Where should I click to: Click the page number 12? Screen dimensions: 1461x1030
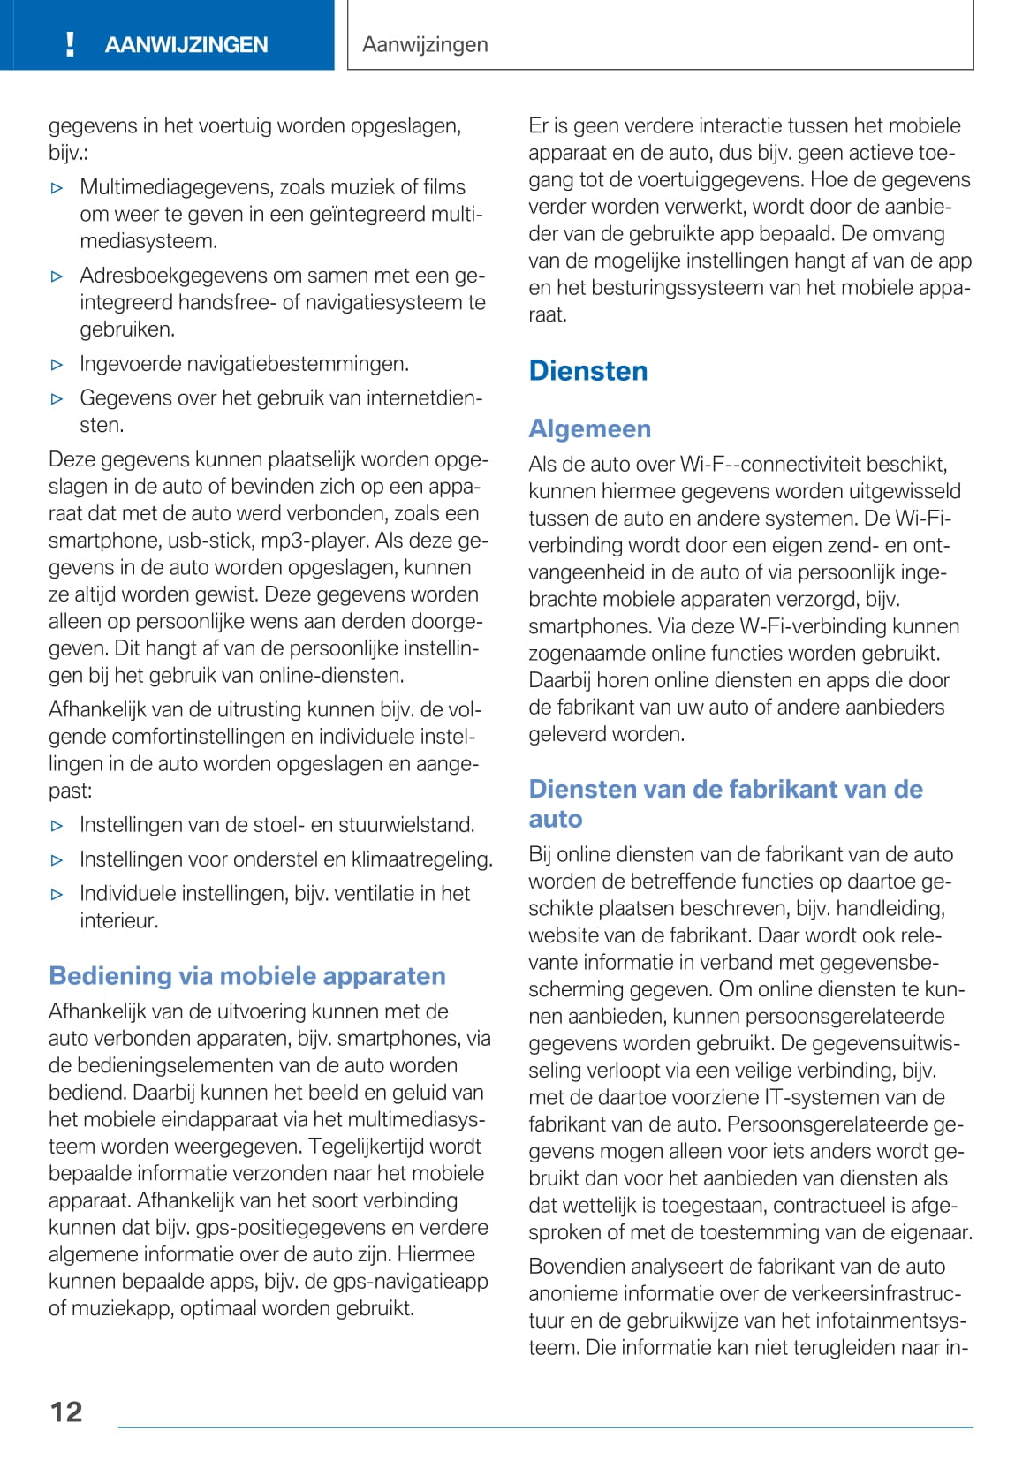click(66, 1412)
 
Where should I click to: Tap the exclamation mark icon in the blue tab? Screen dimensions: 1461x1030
click(71, 44)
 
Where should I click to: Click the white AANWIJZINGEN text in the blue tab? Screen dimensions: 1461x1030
click(186, 45)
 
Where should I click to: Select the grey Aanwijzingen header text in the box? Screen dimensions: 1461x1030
click(425, 44)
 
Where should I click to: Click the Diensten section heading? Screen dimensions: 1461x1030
click(588, 371)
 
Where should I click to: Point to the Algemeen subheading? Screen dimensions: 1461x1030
click(589, 428)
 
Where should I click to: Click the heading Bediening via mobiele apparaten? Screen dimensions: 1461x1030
click(247, 976)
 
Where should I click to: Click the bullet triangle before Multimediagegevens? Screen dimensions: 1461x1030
click(57, 188)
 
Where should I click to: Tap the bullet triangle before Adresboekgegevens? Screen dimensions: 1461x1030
click(57, 276)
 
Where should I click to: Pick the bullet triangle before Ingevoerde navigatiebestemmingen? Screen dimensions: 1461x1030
click(57, 365)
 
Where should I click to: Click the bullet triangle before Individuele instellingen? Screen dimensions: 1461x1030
click(57, 895)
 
